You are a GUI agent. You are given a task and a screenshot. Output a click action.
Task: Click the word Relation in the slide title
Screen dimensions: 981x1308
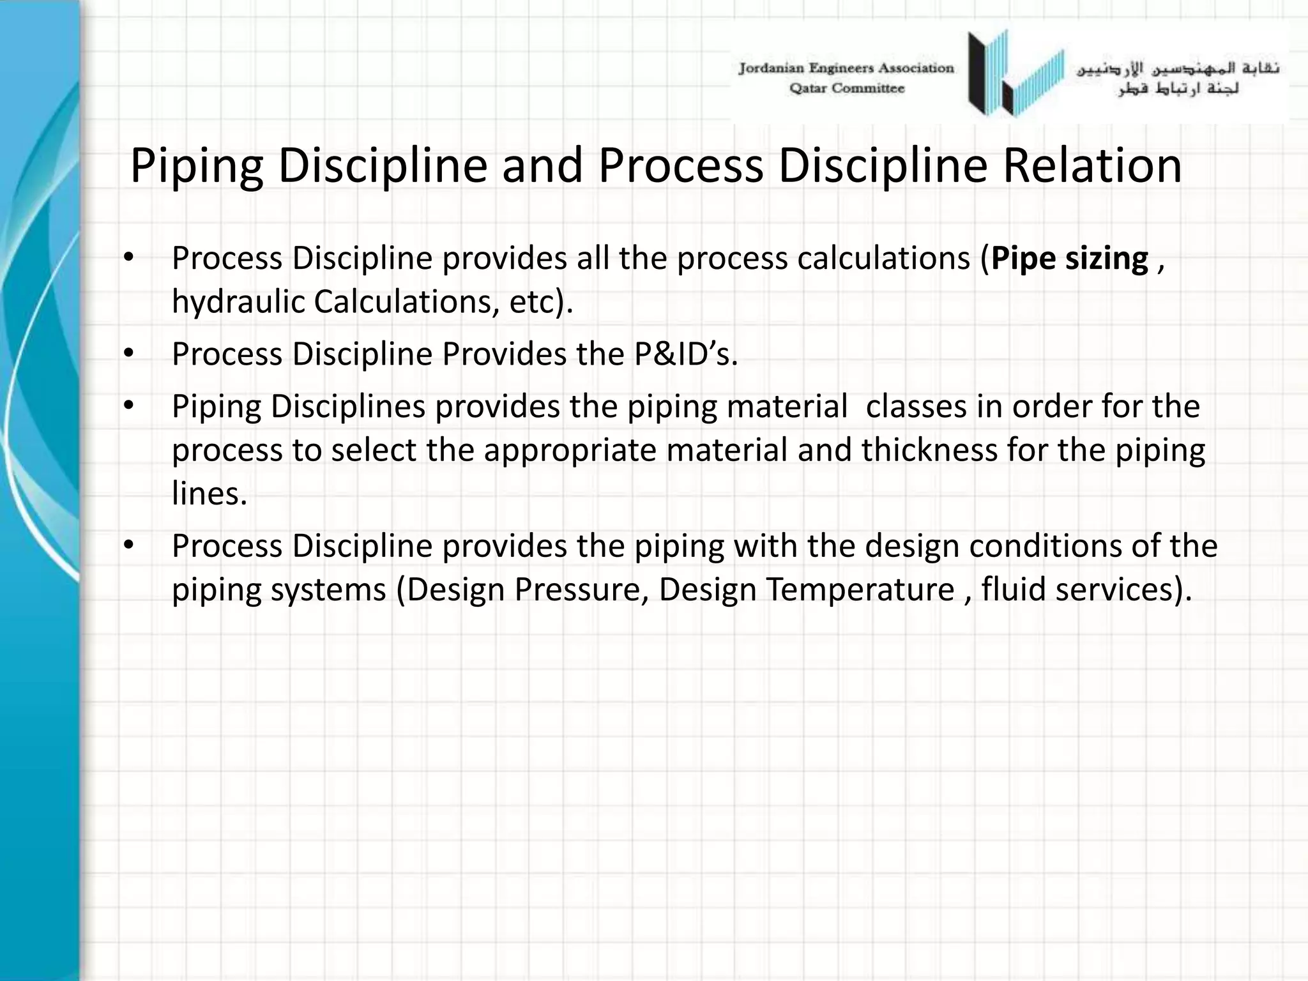point(1092,166)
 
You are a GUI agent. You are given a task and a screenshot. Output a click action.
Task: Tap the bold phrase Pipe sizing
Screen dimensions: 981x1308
point(1070,259)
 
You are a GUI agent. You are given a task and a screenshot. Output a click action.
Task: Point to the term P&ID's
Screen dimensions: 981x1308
point(685,354)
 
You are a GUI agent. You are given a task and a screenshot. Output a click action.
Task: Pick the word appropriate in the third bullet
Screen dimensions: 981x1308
point(570,451)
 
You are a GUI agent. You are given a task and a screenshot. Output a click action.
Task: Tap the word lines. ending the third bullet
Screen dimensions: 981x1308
point(209,493)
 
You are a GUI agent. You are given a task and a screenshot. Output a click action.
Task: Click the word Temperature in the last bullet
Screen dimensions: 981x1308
point(860,589)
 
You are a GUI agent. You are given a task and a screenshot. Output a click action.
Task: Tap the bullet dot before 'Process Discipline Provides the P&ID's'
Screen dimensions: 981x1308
point(128,353)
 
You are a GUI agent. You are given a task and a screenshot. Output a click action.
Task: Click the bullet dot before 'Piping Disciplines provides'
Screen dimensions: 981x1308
point(128,406)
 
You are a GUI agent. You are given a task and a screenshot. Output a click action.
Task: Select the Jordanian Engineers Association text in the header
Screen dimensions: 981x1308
point(846,68)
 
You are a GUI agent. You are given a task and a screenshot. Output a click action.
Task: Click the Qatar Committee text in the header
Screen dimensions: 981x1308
point(847,89)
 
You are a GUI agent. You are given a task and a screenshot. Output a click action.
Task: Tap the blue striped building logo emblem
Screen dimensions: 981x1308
point(1015,74)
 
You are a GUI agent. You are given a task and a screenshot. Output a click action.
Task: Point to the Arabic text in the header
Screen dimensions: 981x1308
point(1178,78)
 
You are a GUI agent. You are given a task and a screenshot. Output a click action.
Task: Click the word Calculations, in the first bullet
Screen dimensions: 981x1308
point(406,302)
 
